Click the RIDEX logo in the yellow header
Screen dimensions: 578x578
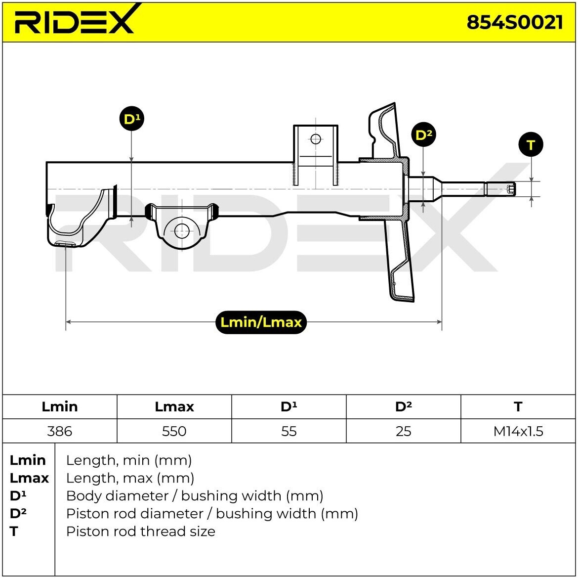pyautogui.click(x=74, y=21)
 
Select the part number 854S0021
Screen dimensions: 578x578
pyautogui.click(x=514, y=22)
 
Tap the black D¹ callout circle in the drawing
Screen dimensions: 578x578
pyautogui.click(x=131, y=119)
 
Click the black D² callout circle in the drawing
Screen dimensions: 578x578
pyautogui.click(x=424, y=134)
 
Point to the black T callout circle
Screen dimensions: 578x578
pyautogui.click(x=531, y=145)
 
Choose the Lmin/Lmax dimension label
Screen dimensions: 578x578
pyautogui.click(x=261, y=322)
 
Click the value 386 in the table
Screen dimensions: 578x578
pyautogui.click(x=60, y=431)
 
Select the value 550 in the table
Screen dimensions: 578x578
pyautogui.click(x=174, y=431)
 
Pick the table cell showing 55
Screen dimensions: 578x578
pyautogui.click(x=289, y=431)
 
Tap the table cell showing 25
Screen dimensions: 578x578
pyautogui.click(x=403, y=431)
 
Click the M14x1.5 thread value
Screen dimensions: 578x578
pyautogui.click(x=518, y=431)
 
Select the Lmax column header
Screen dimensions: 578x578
pyautogui.click(x=174, y=407)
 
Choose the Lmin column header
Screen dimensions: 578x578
pyautogui.click(x=60, y=407)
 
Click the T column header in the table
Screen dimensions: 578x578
pyautogui.click(x=518, y=407)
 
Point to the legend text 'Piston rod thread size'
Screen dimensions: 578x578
pyautogui.click(x=141, y=532)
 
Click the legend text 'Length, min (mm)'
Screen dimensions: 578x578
pyautogui.click(x=129, y=460)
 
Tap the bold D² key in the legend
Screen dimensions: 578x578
pyautogui.click(x=18, y=513)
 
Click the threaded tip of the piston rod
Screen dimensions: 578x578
pyautogui.click(x=511, y=189)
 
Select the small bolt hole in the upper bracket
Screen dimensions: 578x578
pyautogui.click(x=316, y=139)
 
